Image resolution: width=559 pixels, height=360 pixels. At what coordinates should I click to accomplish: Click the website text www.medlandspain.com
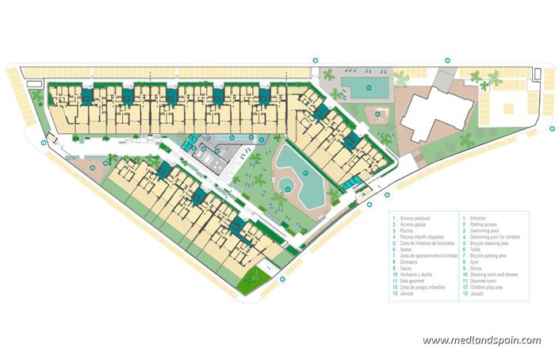pyautogui.click(x=481, y=341)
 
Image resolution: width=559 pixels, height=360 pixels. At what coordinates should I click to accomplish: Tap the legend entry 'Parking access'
pyautogui.click(x=484, y=224)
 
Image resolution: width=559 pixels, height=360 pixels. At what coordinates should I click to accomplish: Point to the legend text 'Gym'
pyautogui.click(x=475, y=261)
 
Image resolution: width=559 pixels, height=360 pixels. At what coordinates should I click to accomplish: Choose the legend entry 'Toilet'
pyautogui.click(x=477, y=249)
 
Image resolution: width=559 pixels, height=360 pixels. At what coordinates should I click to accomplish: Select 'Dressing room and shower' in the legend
pyautogui.click(x=492, y=274)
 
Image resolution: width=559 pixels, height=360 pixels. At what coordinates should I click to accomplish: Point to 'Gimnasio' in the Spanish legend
pyautogui.click(x=412, y=261)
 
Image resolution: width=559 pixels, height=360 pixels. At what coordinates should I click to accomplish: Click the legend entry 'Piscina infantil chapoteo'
pyautogui.click(x=423, y=236)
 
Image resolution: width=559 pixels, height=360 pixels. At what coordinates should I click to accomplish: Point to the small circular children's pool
pyautogui.click(x=284, y=187)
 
